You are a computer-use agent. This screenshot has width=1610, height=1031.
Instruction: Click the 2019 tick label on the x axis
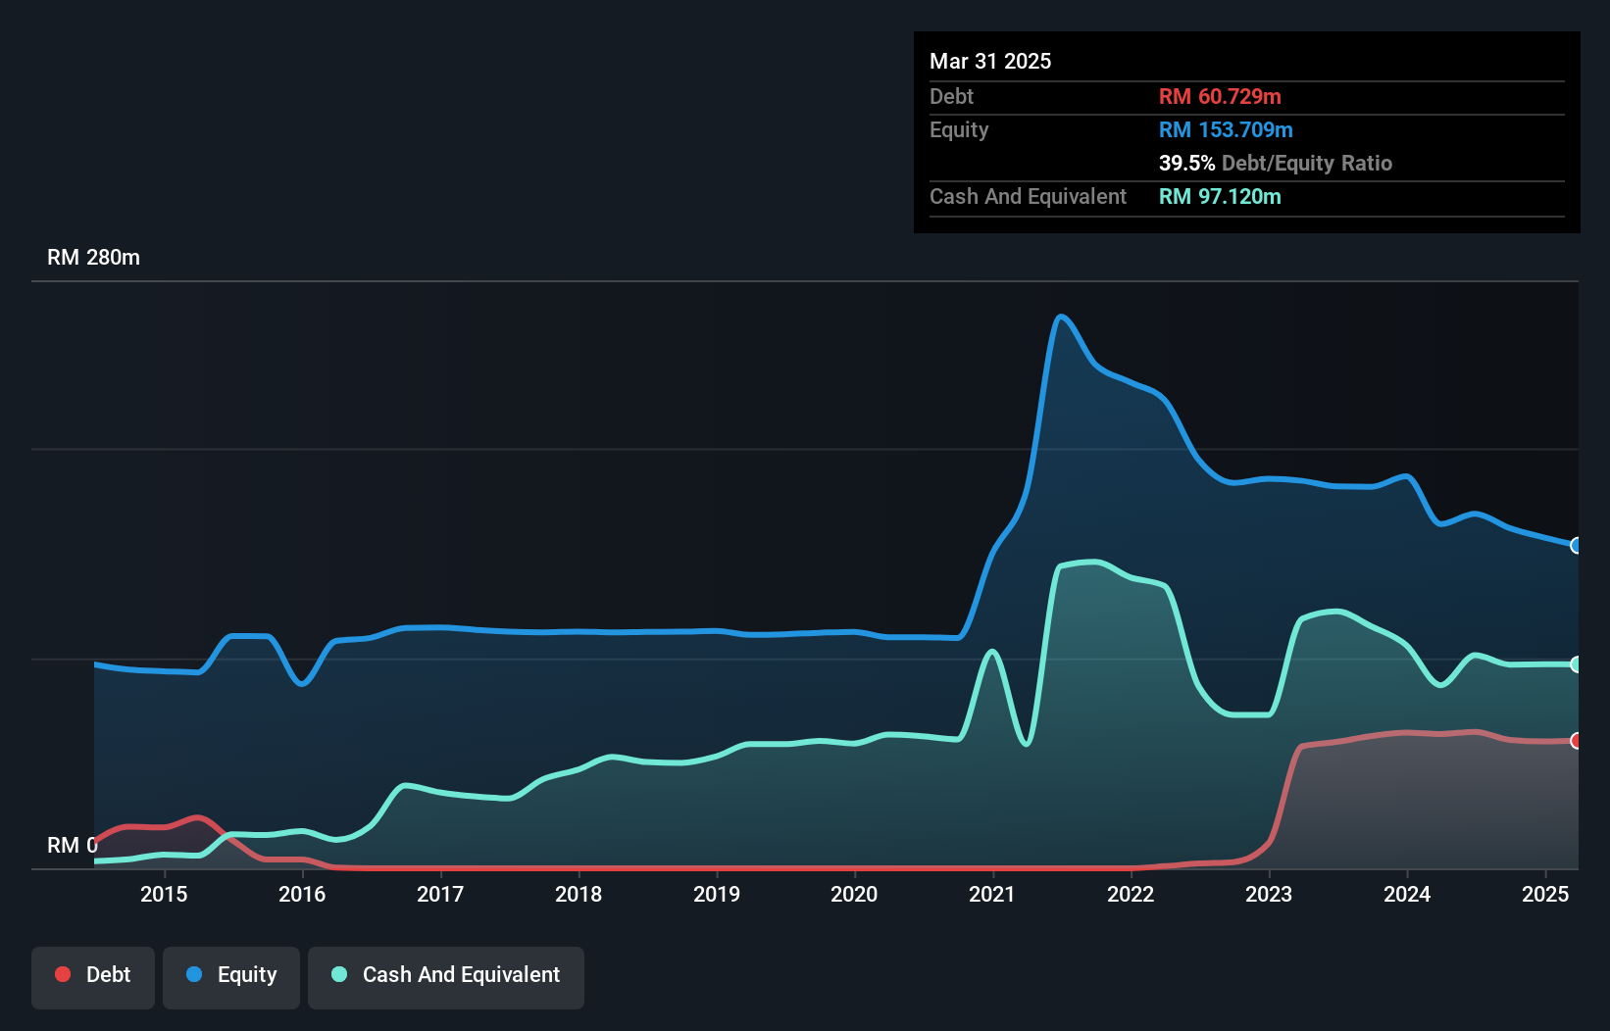(716, 894)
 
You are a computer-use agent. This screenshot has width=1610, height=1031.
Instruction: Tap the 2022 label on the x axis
(1131, 894)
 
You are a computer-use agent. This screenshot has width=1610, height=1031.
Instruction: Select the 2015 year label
(164, 894)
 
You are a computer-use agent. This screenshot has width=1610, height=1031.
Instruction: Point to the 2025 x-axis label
(1544, 894)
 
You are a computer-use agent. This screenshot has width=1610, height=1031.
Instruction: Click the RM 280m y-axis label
(93, 258)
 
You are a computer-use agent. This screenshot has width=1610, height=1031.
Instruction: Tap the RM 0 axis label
(72, 845)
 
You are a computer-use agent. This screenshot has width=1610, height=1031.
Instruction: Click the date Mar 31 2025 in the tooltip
(990, 61)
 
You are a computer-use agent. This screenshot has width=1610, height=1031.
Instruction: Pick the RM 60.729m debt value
(1220, 96)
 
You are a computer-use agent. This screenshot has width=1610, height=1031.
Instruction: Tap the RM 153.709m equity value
(1226, 129)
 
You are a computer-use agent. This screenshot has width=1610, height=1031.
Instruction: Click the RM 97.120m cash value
(1220, 196)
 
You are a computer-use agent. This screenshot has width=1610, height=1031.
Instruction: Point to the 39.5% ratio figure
(1186, 163)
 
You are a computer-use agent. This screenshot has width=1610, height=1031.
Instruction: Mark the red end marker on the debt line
(1576, 741)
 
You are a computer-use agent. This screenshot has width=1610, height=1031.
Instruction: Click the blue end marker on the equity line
(1576, 545)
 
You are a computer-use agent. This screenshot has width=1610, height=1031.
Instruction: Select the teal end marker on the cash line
(1576, 664)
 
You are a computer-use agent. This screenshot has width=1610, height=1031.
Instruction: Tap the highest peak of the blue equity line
(1060, 316)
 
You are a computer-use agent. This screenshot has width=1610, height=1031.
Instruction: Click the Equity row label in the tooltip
(959, 129)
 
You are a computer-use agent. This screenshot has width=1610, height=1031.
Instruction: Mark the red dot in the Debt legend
(63, 974)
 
